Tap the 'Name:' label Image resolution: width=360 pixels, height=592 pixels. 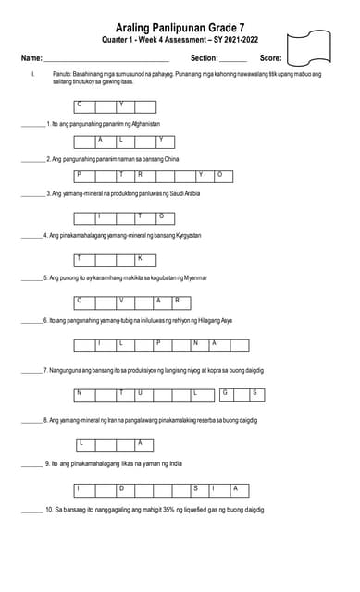point(31,58)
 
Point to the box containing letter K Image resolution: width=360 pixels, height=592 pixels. point(140,259)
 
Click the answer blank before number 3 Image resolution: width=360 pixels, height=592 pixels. point(32,194)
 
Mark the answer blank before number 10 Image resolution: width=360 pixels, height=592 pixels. point(31,510)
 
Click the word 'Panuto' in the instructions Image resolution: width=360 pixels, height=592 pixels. point(62,73)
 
